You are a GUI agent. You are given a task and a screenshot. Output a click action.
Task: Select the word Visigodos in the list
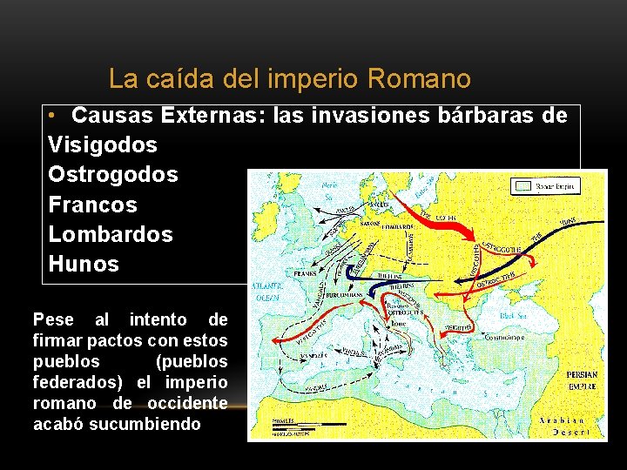pyautogui.click(x=103, y=144)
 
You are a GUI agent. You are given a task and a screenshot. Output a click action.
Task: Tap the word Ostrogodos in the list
pyautogui.click(x=113, y=174)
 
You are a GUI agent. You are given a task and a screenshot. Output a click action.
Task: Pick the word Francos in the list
pyautogui.click(x=93, y=205)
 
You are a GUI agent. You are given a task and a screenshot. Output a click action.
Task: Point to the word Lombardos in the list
pyautogui.click(x=111, y=234)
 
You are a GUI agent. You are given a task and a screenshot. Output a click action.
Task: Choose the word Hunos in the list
pyautogui.click(x=84, y=264)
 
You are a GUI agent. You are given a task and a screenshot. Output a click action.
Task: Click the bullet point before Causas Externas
pyautogui.click(x=54, y=116)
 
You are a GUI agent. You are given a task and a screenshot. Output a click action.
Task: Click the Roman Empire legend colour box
pyautogui.click(x=522, y=186)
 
